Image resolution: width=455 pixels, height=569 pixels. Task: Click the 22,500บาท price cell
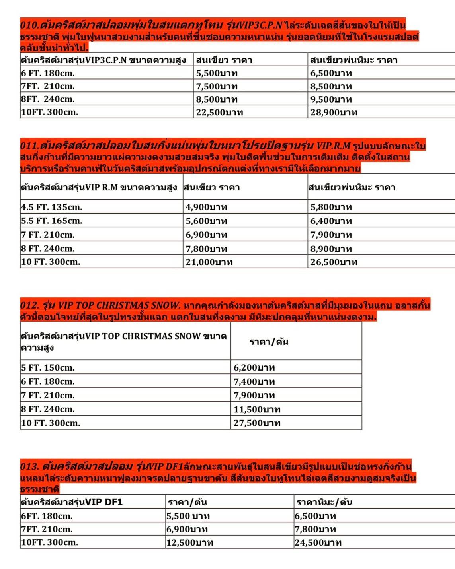[x=219, y=113]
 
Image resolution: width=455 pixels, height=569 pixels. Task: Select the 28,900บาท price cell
[x=334, y=113]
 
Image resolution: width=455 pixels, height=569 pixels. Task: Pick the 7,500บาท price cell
[x=217, y=86]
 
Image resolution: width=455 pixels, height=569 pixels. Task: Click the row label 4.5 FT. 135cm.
[x=52, y=207]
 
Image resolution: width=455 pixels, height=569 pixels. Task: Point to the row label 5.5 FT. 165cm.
[x=52, y=221]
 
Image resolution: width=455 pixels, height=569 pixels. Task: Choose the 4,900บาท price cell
[x=206, y=207]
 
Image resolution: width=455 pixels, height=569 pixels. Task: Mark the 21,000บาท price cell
[x=209, y=262]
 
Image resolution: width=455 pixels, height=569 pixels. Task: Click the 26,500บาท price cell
[x=334, y=262]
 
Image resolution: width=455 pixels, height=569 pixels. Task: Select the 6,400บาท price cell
[x=331, y=221]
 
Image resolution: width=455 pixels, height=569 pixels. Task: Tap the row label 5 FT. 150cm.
[x=48, y=367]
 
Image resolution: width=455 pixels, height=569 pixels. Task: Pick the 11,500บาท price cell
[x=257, y=409]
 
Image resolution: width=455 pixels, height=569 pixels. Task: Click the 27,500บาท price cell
[x=257, y=423]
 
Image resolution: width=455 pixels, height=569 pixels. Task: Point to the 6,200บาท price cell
[x=254, y=367]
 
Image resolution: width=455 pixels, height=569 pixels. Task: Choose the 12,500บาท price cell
[x=190, y=542]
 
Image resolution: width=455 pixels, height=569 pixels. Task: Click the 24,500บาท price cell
[x=318, y=542]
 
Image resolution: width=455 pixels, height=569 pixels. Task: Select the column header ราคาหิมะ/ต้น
[x=324, y=502]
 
